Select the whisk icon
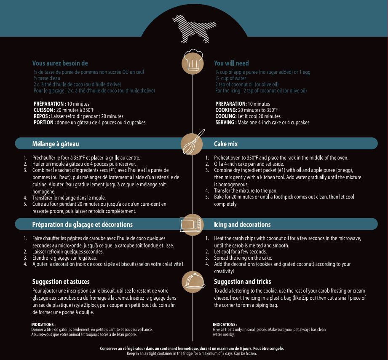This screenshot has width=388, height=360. pos(193,142)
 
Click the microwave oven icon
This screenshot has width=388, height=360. pos(192,224)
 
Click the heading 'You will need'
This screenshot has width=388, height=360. pos(231,63)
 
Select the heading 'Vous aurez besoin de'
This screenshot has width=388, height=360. pos(60,63)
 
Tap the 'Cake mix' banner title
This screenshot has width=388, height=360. pos(226,144)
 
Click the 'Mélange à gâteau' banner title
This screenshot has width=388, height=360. pos(56,144)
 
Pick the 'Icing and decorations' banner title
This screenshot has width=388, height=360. pos(242,224)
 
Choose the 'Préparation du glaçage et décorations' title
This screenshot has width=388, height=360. pos(82,224)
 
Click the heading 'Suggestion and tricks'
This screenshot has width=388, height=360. pos(242,282)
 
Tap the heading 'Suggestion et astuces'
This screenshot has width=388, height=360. pos(61,282)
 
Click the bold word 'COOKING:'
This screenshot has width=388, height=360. pos(226,110)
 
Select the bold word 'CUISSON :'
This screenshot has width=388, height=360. pos(44,110)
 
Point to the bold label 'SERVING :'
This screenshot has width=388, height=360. pos(226,123)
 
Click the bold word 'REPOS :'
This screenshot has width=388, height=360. pos(42,116)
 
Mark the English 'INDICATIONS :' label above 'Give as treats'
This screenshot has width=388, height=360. pos(225,325)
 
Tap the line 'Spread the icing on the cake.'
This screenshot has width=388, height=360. pos(243,258)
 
